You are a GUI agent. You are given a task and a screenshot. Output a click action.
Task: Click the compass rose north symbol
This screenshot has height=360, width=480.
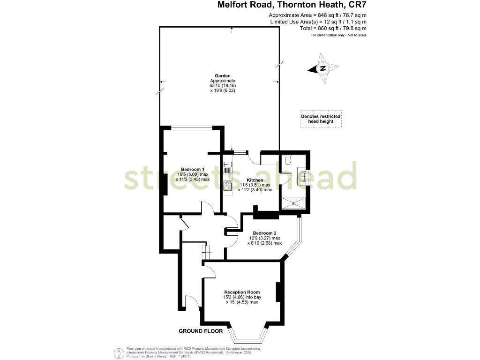[x=322, y=68]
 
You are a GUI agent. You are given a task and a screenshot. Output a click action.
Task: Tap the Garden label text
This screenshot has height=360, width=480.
[x=223, y=75]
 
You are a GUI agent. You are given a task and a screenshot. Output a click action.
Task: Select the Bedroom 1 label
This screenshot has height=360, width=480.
[x=193, y=169]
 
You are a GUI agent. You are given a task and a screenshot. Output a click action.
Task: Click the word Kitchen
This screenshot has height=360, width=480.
[x=255, y=180]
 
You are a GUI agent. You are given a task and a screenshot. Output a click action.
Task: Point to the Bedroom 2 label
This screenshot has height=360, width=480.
[x=265, y=233]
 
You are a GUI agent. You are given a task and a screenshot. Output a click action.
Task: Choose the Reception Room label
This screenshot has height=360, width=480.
[x=242, y=292]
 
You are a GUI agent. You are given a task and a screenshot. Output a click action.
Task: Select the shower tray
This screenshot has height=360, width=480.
[x=294, y=203]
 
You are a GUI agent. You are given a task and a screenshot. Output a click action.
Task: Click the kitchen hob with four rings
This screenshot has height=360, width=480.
[x=227, y=186]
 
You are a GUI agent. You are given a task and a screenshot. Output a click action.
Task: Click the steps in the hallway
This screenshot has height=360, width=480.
[x=205, y=252]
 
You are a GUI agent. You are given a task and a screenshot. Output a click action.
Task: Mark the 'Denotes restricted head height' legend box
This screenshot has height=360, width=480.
[x=321, y=119]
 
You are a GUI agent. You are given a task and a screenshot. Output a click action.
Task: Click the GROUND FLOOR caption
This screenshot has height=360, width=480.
[x=201, y=331]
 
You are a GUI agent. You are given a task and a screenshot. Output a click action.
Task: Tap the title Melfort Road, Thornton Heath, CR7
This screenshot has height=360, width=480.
[x=292, y=6]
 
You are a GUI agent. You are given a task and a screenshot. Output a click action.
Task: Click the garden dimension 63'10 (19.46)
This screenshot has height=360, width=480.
[x=223, y=86]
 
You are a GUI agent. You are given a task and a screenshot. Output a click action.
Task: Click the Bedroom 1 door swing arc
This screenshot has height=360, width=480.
[x=207, y=207]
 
